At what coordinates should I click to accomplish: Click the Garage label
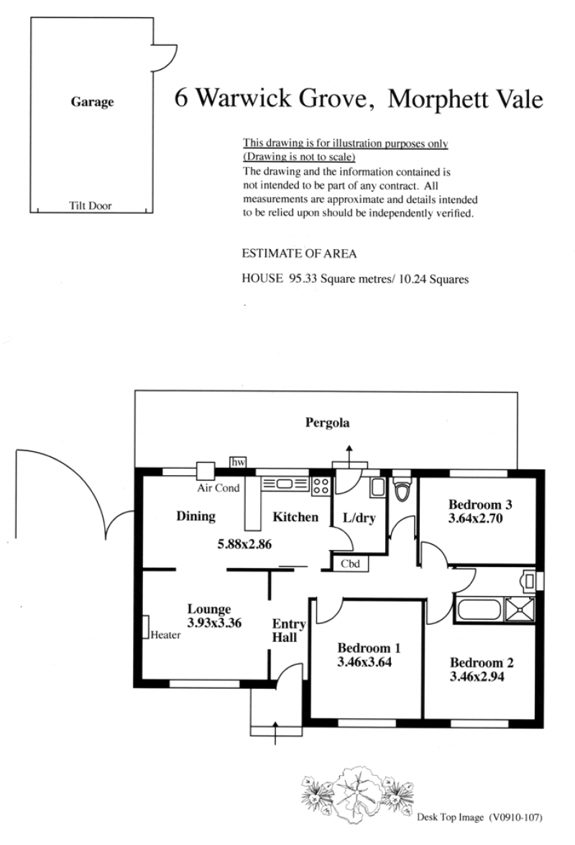(92, 102)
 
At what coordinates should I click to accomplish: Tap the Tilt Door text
(90, 205)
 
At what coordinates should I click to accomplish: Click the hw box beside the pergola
(238, 462)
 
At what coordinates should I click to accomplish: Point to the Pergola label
(327, 423)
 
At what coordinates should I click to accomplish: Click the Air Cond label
(218, 488)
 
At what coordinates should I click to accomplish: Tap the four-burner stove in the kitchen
(321, 485)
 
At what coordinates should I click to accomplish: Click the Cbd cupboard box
(350, 564)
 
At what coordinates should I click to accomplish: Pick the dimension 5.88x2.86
(244, 544)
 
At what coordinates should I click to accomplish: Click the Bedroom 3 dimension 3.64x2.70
(475, 518)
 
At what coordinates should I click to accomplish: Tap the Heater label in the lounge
(165, 635)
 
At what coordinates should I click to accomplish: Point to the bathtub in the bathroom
(479, 610)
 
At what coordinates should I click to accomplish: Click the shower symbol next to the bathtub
(520, 610)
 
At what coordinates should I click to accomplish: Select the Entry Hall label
(288, 631)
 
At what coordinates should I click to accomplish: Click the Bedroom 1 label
(369, 649)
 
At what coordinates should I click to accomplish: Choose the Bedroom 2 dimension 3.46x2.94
(477, 677)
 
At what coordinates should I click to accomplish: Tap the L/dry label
(359, 518)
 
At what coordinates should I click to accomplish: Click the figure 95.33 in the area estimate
(303, 279)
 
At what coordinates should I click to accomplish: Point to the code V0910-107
(515, 818)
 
